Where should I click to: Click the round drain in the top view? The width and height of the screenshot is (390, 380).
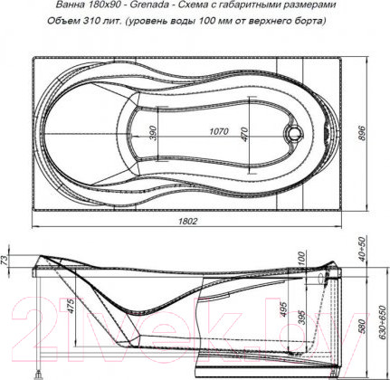pyautogui.click(x=292, y=137)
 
